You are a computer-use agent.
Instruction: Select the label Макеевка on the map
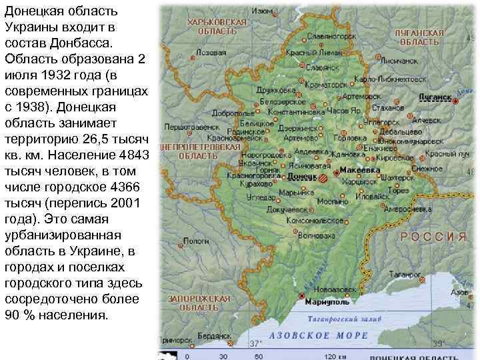point(360,170)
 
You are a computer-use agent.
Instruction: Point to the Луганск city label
point(435,97)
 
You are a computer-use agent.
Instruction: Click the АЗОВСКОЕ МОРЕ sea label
point(319,335)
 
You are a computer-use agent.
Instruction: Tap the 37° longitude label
point(255,345)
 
